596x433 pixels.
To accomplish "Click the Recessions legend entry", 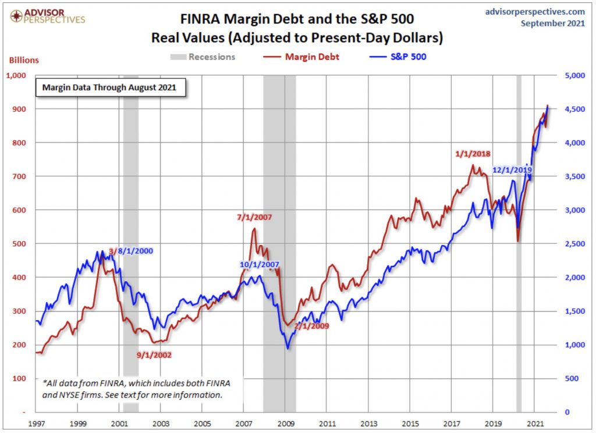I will tap(203, 57).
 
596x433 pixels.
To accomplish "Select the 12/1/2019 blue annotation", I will tap(512, 170).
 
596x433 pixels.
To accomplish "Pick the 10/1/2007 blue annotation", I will tap(259, 265).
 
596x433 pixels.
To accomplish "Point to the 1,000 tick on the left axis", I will tap(17, 75).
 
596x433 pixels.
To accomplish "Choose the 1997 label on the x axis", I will tap(37, 423).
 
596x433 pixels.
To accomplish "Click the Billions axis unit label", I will tap(23, 60).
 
